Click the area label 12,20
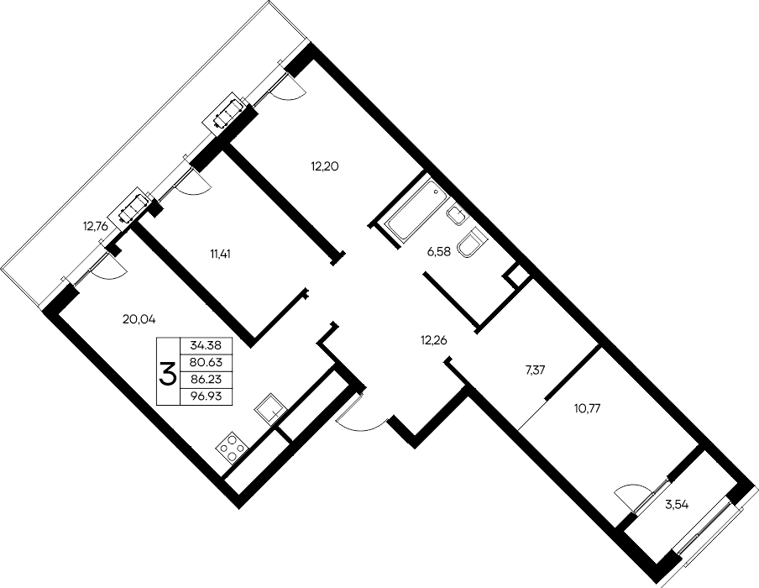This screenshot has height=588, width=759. [324, 166]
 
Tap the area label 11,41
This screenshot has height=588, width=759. [220, 254]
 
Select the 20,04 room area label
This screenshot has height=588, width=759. [139, 319]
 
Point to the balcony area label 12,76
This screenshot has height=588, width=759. [95, 226]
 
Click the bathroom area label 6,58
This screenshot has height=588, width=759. [439, 251]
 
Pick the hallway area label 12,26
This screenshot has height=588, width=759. [434, 340]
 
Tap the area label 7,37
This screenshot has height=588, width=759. [536, 370]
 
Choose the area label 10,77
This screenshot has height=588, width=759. [587, 408]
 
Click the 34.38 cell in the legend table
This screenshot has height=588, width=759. [206, 345]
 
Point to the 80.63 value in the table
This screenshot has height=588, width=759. [206, 362]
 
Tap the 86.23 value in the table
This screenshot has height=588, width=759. [206, 379]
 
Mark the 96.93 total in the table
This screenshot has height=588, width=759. [206, 396]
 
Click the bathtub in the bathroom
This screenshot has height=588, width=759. [416, 209]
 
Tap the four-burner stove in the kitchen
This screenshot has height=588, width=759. [233, 449]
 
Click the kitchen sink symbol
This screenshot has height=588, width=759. [270, 408]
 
